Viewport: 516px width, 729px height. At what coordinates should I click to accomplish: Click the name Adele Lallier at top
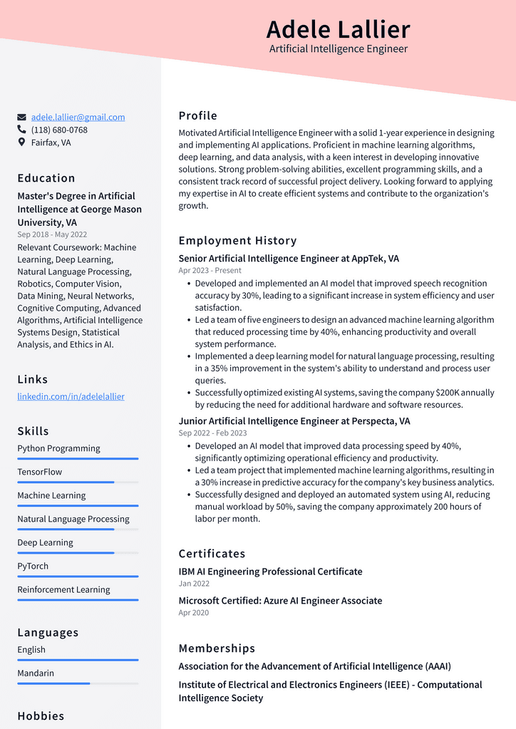338,30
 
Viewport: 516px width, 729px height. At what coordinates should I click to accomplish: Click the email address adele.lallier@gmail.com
78,117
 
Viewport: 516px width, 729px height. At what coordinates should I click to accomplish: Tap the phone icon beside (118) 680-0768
21,130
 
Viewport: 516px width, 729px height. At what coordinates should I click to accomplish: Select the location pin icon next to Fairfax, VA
21,143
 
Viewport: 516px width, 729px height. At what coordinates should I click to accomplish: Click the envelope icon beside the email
21,118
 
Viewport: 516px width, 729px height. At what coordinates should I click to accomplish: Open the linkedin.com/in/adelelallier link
71,396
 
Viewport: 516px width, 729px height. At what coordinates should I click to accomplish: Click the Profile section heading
197,116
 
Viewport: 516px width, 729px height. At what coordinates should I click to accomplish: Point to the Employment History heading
237,241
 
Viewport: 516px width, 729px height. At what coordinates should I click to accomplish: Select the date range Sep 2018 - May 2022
52,234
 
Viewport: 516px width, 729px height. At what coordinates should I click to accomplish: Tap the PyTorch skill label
33,566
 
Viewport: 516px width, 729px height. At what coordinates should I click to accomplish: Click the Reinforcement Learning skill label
63,589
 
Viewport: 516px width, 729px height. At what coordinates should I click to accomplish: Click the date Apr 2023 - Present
210,271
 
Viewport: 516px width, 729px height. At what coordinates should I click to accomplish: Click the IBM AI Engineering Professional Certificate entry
270,572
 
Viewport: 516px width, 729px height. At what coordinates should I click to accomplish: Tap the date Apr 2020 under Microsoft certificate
194,613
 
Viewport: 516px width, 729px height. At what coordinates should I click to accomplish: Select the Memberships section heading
217,648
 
